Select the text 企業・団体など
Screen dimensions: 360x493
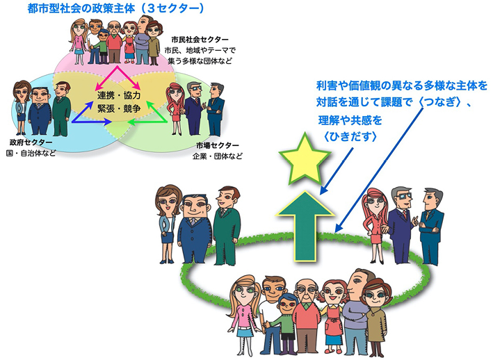tap(219, 156)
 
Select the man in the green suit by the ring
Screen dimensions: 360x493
tap(227, 222)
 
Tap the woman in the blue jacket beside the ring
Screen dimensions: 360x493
tap(169, 222)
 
